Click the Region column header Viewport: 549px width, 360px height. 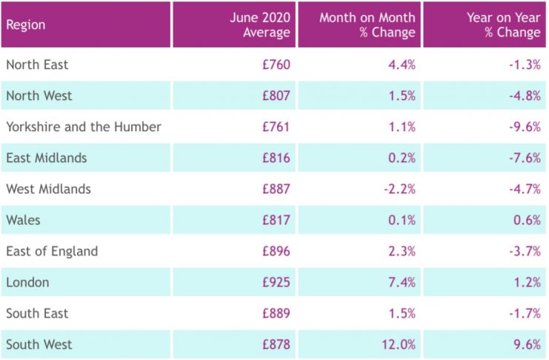pyautogui.click(x=26, y=24)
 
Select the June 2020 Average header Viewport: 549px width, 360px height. pyautogui.click(x=260, y=24)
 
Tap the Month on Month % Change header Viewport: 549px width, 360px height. pyautogui.click(x=367, y=24)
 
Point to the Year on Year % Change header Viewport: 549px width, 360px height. pyautogui.click(x=504, y=24)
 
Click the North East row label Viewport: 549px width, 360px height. pyautogui.click(x=37, y=64)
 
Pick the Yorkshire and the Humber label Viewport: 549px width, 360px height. pyautogui.click(x=84, y=127)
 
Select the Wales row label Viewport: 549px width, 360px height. pyautogui.click(x=24, y=220)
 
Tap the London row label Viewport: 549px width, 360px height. pyautogui.click(x=28, y=282)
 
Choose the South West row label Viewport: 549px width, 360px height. pyautogui.click(x=39, y=344)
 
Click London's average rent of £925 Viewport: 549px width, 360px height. pyautogui.click(x=276, y=282)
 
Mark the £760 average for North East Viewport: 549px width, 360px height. pyautogui.click(x=276, y=64)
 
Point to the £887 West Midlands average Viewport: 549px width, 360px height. pyautogui.click(x=276, y=189)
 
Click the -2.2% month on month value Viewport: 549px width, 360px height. pyautogui.click(x=399, y=189)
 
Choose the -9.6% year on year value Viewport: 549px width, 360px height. pyautogui.click(x=524, y=127)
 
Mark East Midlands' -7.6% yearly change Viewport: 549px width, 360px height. pyautogui.click(x=524, y=158)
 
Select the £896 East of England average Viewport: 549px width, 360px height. pyautogui.click(x=276, y=251)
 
